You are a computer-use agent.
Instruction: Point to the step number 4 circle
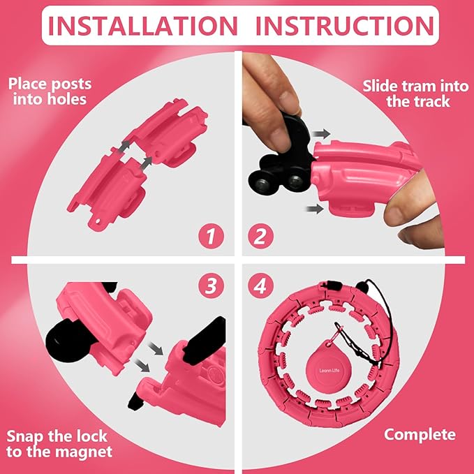coord(260,286)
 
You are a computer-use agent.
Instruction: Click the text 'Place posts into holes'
coord(50,91)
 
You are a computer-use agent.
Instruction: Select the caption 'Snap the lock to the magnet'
coord(58,445)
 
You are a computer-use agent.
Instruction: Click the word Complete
coord(420,435)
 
